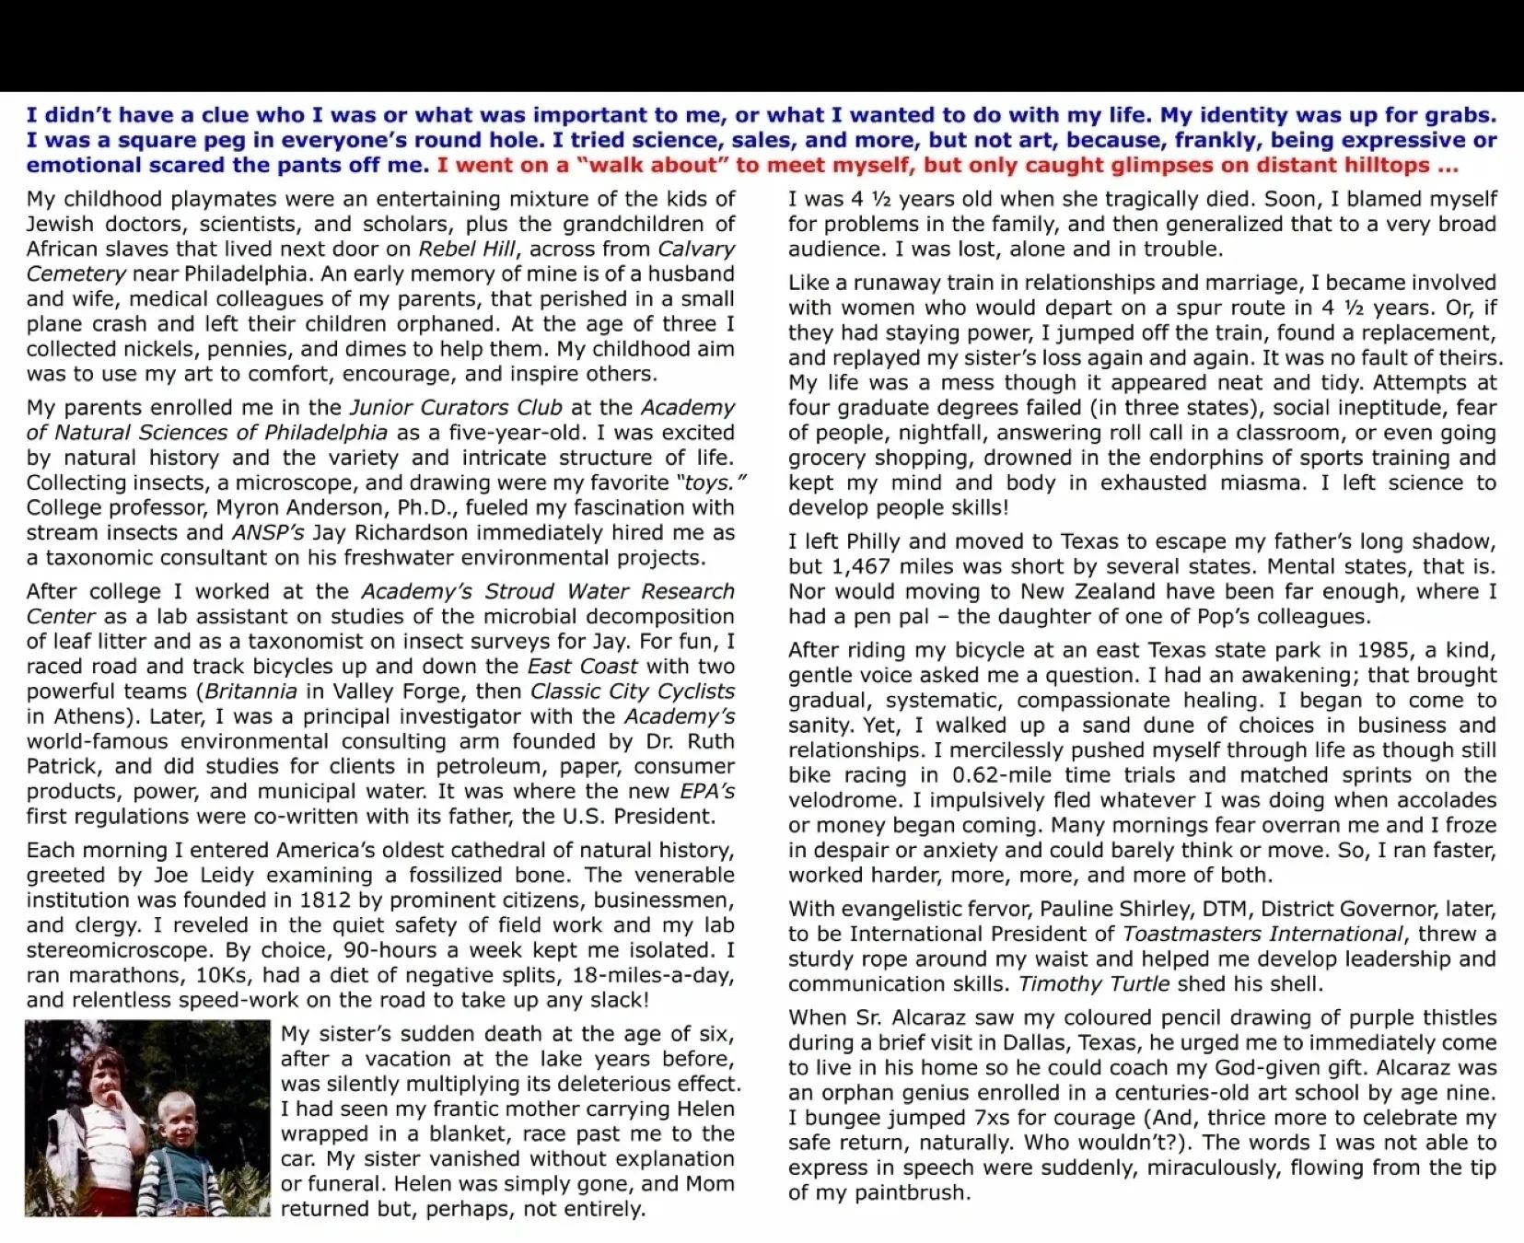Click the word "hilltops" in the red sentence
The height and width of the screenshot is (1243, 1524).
[x=1378, y=166]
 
